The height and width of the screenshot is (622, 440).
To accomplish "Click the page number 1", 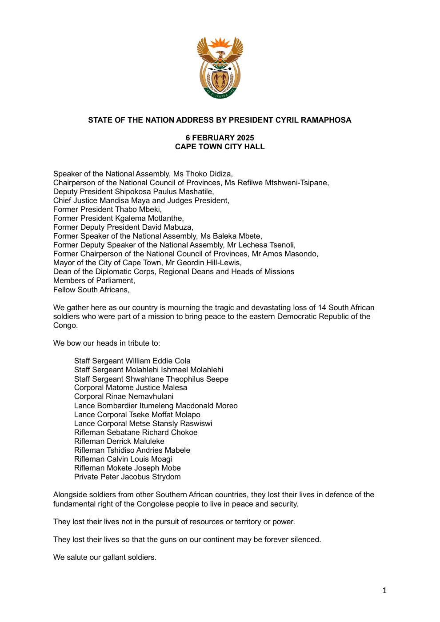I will pos(384,590).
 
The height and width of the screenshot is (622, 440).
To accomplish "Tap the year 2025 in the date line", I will pos(245,138).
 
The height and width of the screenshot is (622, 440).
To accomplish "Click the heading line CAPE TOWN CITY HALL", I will pos(220,147).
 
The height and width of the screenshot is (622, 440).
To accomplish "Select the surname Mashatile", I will pos(194,191).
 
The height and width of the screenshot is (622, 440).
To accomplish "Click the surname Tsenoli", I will pos(280,245).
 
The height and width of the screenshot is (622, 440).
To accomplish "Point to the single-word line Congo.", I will pos(65,325).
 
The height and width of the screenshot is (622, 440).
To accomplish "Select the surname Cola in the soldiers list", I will pos(183,361).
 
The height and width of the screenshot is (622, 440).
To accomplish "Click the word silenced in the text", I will pos(305,539).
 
